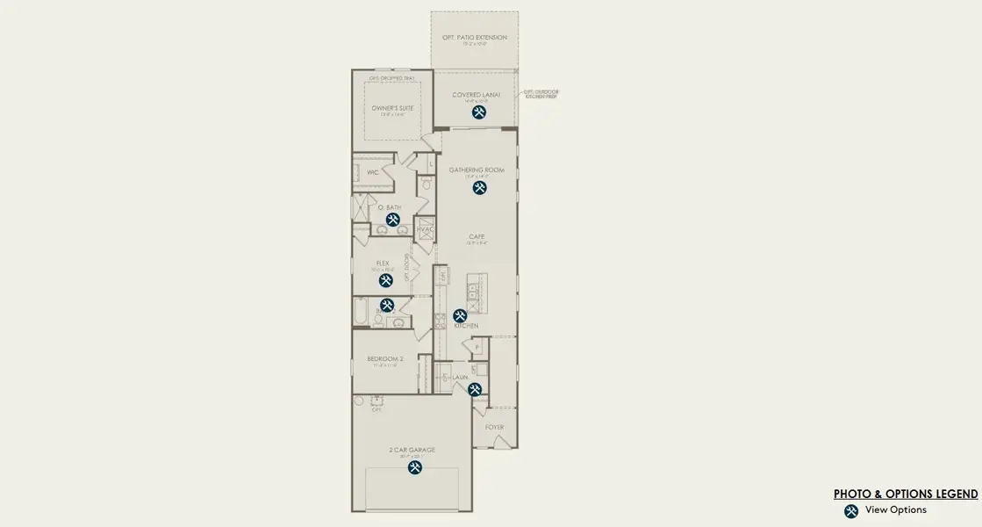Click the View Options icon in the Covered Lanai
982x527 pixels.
pos(479,112)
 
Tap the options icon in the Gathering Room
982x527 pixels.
pos(479,187)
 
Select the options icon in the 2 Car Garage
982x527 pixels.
pos(414,467)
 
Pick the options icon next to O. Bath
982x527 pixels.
pos(393,220)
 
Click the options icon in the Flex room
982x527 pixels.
pos(386,280)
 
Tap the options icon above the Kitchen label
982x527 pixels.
pos(460,315)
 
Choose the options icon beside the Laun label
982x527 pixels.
pos(475,389)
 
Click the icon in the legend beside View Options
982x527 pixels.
pos(851,511)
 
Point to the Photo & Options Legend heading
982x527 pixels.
pos(906,494)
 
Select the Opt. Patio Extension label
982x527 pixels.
pos(474,38)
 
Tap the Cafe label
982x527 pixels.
pos(477,236)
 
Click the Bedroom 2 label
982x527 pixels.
pos(383,358)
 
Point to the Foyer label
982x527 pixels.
pos(495,427)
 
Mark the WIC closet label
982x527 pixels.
pos(372,172)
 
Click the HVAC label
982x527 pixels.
pos(426,229)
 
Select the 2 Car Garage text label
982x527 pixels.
pos(412,450)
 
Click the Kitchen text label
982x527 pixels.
pos(466,326)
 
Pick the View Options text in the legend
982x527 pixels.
pos(895,510)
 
